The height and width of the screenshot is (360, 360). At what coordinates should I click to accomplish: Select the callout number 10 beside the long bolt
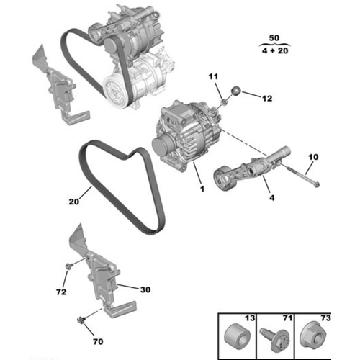[312, 157]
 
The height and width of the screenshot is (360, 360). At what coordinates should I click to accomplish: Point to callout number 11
[213, 76]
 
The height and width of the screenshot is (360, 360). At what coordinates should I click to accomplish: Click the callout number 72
[61, 292]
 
